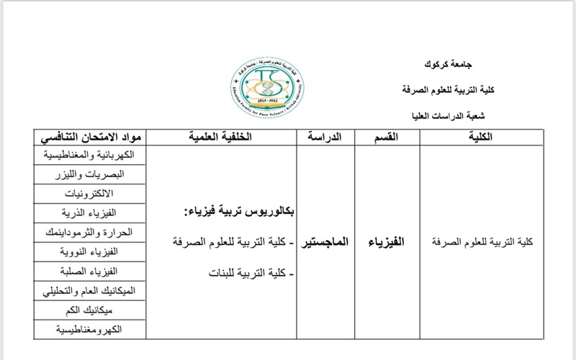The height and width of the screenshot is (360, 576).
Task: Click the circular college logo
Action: click(266, 85)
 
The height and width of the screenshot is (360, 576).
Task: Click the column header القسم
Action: click(386, 136)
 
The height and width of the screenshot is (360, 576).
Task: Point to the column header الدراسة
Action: click(325, 136)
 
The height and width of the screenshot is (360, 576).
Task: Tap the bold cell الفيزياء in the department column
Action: click(387, 242)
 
